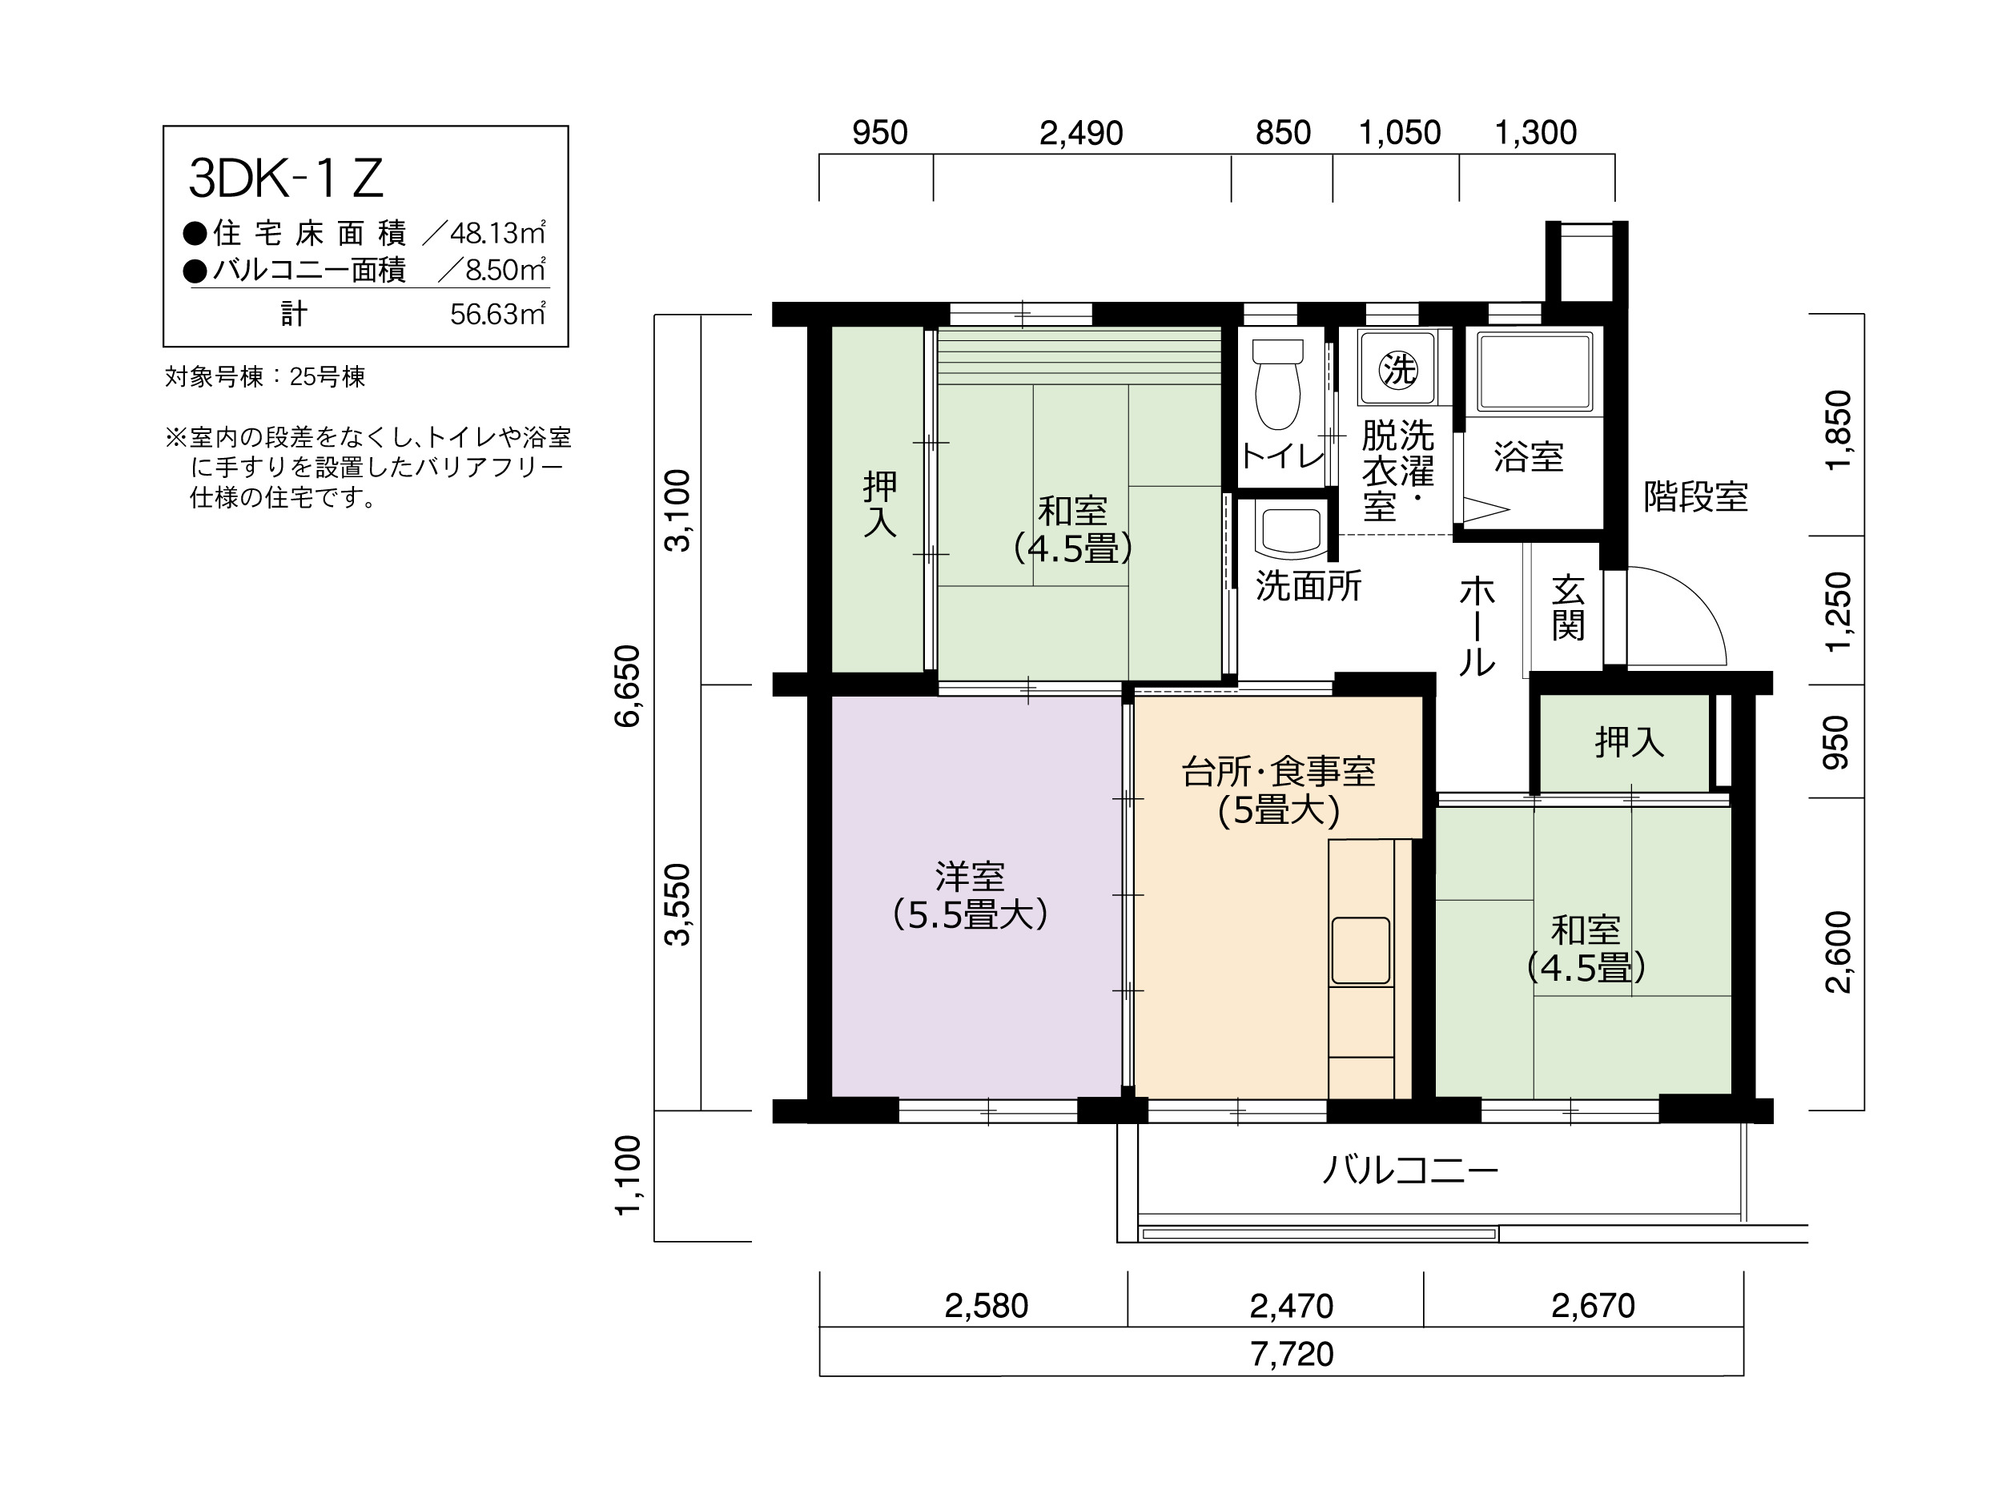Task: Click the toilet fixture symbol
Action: (x=1278, y=384)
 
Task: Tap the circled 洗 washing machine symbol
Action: (x=1397, y=368)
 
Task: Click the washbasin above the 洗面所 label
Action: (x=1290, y=530)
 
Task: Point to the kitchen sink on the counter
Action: (x=1361, y=950)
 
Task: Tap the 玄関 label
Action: (x=1568, y=608)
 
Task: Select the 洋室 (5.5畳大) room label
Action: (x=971, y=895)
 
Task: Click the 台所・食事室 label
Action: (x=1278, y=772)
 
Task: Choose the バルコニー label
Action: (x=1411, y=1171)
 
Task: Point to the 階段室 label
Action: (x=1695, y=496)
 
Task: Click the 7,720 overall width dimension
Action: (x=1292, y=1354)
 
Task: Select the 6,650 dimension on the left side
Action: (x=627, y=685)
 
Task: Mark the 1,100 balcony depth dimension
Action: (x=627, y=1175)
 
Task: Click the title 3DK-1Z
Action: (x=286, y=179)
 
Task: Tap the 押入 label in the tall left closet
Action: (x=880, y=504)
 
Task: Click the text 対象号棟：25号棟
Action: (x=265, y=376)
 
